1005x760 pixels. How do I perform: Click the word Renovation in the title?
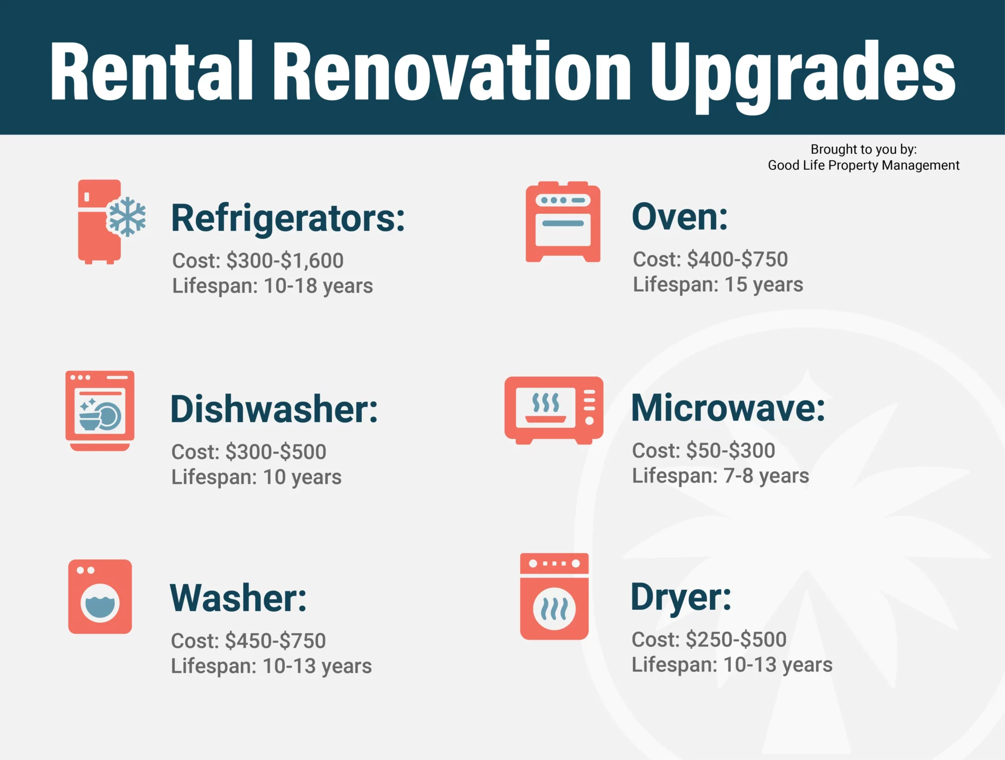tap(453, 71)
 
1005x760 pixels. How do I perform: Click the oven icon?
tap(563, 222)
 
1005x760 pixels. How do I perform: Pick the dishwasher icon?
tap(100, 411)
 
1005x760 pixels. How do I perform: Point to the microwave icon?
tap(554, 410)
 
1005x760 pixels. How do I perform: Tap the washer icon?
tap(100, 597)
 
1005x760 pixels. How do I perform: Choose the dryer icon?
tap(554, 596)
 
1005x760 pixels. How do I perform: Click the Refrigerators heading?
tap(288, 218)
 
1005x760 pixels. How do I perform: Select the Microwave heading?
tap(728, 407)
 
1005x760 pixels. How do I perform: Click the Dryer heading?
tap(680, 597)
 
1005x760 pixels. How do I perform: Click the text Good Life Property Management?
tap(864, 166)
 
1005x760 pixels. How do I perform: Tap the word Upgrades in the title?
tap(803, 73)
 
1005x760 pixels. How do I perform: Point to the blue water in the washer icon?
tap(100, 607)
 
